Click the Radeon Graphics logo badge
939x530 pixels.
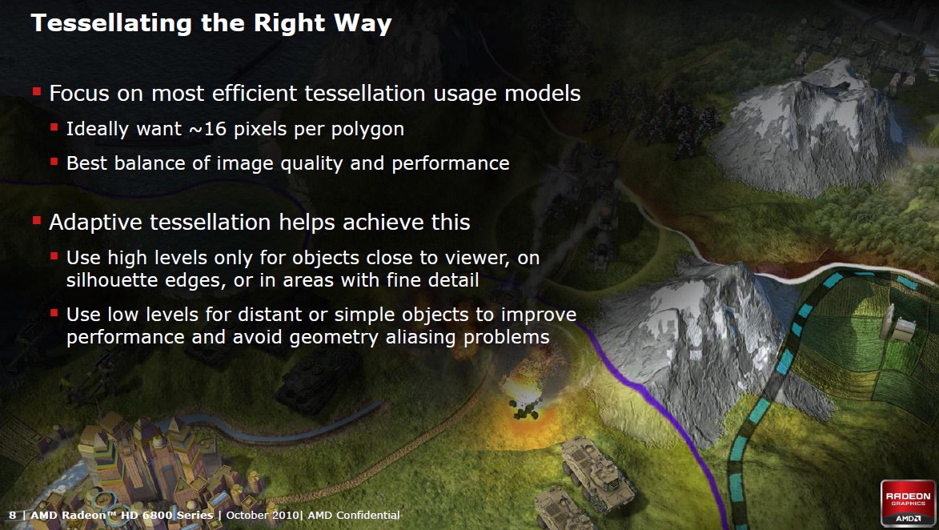click(908, 502)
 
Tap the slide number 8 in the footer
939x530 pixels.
click(13, 515)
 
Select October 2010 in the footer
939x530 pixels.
click(263, 515)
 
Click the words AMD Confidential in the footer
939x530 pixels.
click(353, 515)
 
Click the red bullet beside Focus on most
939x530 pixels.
click(37, 91)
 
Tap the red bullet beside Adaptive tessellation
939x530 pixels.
click(37, 221)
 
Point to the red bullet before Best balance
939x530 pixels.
click(54, 161)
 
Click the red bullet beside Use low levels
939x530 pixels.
click(54, 312)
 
